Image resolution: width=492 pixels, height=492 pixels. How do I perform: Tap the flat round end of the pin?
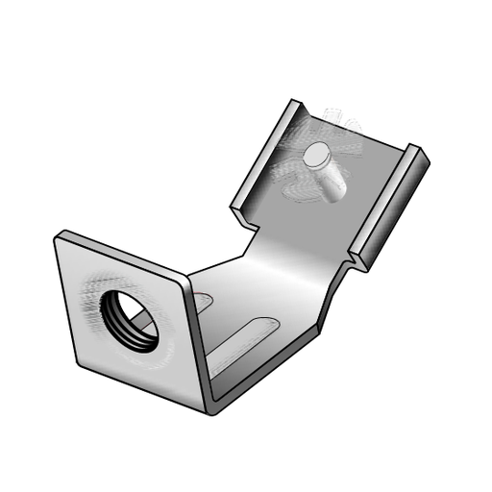[316, 156]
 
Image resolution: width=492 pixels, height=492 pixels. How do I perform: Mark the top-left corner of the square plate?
[60, 234]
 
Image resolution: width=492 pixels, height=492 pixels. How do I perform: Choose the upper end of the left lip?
[295, 103]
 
